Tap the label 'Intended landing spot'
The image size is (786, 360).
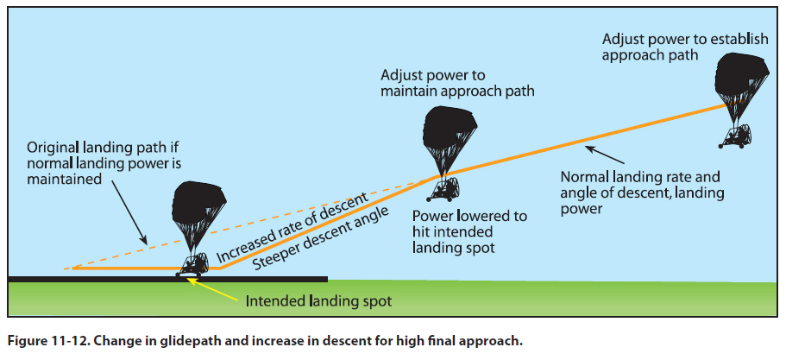pyautogui.click(x=318, y=302)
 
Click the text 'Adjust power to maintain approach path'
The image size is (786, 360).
pyautogui.click(x=457, y=82)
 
